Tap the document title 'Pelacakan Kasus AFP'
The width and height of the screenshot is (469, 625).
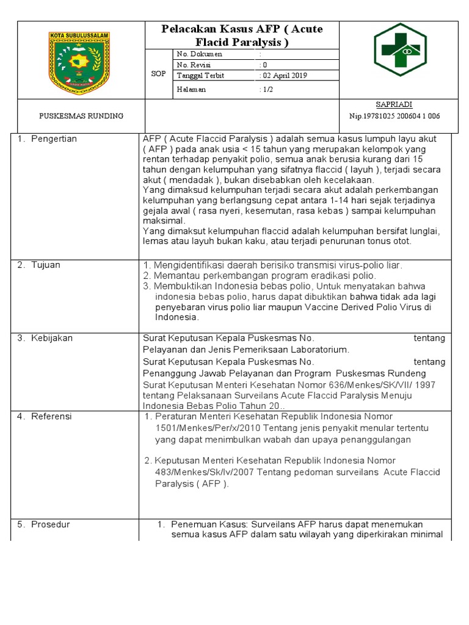click(241, 35)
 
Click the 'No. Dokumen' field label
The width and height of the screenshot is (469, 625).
click(200, 54)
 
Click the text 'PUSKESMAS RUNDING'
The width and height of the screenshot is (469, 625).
click(81, 116)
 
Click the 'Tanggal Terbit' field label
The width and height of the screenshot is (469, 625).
click(200, 76)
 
